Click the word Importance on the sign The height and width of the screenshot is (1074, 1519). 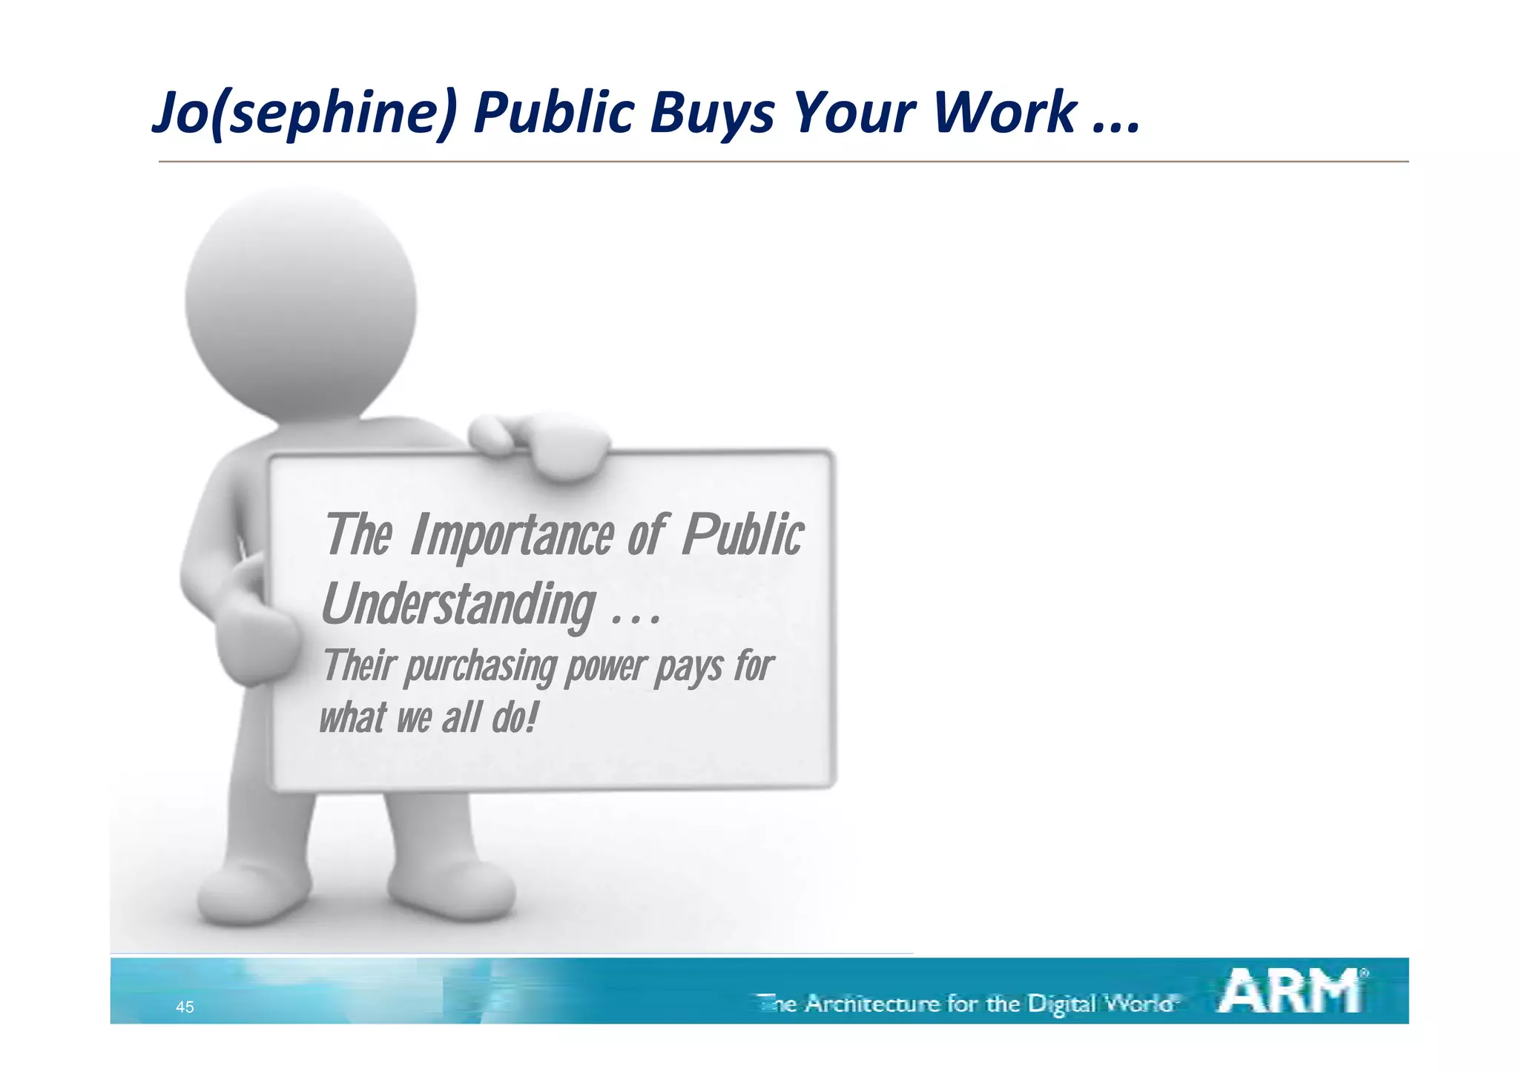[512, 536]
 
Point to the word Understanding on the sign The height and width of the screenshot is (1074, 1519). [458, 604]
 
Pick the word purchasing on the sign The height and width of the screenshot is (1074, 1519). [480, 667]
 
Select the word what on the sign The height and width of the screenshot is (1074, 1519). [352, 718]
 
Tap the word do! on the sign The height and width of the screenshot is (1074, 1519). [513, 718]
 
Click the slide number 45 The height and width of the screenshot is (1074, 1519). [185, 1007]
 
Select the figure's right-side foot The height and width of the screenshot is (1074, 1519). [452, 890]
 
